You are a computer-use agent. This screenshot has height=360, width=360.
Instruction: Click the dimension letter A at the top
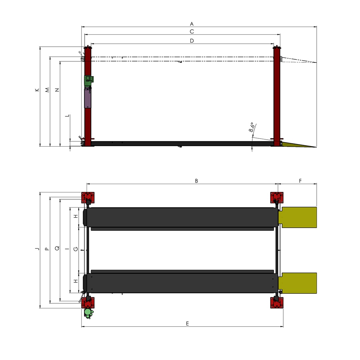tap(192, 24)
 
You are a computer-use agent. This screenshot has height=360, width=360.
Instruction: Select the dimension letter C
tap(192, 32)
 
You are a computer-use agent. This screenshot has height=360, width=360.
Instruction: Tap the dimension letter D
tap(192, 41)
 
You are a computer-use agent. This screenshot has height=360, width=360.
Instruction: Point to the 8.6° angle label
tap(252, 127)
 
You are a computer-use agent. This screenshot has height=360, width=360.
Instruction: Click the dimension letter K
tap(37, 90)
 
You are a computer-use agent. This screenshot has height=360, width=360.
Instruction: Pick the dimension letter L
tap(68, 116)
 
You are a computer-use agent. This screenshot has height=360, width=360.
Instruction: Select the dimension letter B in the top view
tap(196, 181)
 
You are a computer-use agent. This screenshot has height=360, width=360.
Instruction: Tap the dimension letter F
tap(300, 181)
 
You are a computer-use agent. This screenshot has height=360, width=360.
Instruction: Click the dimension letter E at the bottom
tap(187, 324)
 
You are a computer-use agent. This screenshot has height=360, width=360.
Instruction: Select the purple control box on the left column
tap(88, 98)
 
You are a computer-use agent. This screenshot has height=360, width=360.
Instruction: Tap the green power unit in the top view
tap(88, 312)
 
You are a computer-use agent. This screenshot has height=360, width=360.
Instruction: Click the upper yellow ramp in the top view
tap(299, 217)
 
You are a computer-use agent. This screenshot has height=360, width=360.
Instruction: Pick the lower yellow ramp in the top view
tap(299, 283)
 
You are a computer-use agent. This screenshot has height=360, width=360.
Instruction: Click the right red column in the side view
tap(277, 97)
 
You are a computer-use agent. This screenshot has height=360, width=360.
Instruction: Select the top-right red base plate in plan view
tap(277, 197)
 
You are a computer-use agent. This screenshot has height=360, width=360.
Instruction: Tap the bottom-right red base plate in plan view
tap(277, 303)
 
